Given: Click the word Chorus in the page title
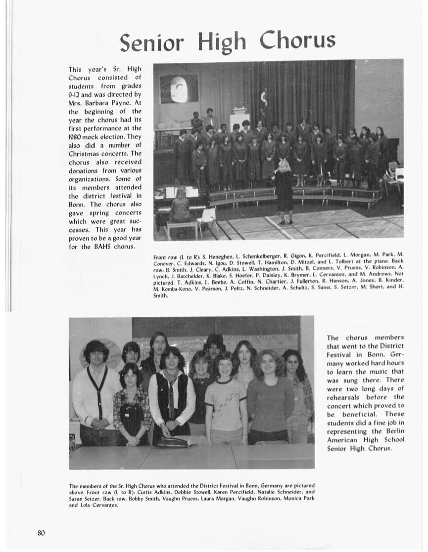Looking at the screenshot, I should (298, 41).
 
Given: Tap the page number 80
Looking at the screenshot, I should (41, 532).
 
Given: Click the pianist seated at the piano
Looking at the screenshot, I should (179, 205).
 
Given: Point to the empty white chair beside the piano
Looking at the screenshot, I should (208, 219).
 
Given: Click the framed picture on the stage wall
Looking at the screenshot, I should (179, 89).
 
